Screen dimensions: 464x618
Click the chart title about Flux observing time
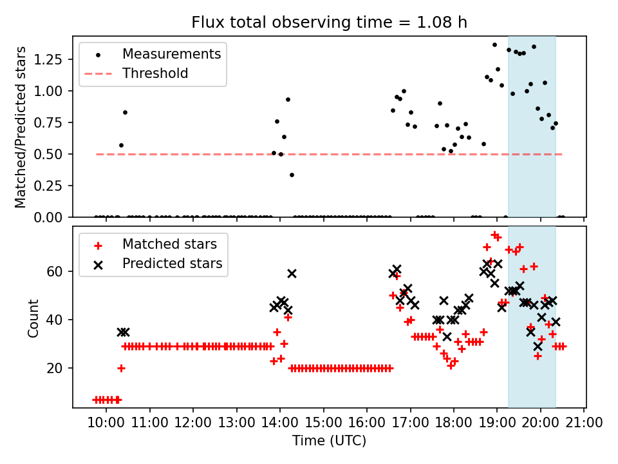click(329, 23)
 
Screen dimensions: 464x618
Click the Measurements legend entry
click(171, 53)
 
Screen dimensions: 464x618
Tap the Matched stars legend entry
click(169, 244)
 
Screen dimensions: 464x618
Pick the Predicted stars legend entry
click(172, 263)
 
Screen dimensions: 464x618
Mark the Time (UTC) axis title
click(329, 441)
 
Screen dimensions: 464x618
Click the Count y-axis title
click(33, 318)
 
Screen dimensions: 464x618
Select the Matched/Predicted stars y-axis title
click(21, 127)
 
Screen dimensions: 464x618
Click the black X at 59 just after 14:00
click(292, 273)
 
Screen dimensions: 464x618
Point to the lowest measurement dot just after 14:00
click(292, 175)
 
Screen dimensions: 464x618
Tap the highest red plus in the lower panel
click(494, 235)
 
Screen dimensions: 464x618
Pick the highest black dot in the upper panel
click(494, 44)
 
